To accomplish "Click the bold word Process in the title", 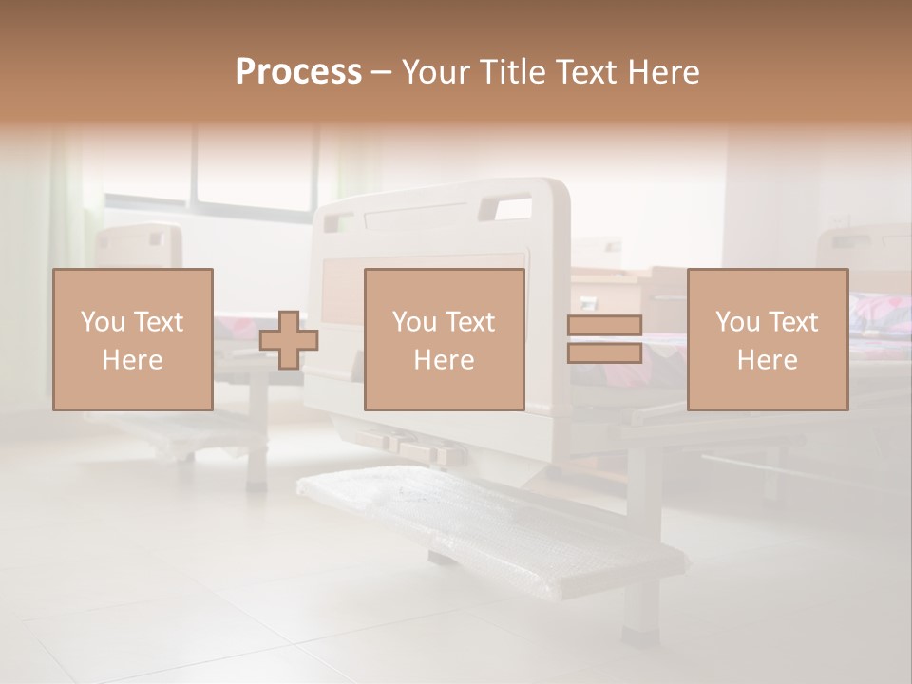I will tap(298, 72).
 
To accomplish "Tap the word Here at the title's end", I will tap(661, 72).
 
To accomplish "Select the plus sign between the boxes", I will tap(289, 339).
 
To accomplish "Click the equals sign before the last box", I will tap(604, 339).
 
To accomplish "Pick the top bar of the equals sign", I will tap(604, 326).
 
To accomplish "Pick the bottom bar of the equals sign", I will tap(604, 352).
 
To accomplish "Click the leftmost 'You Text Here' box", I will tap(132, 339).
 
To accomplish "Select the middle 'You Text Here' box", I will tap(444, 339).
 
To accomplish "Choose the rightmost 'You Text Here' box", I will tap(767, 339).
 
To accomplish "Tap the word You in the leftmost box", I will tap(101, 322).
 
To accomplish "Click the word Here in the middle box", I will tap(444, 360).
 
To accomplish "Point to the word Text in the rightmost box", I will tap(791, 322).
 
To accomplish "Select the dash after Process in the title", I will tap(381, 72).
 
